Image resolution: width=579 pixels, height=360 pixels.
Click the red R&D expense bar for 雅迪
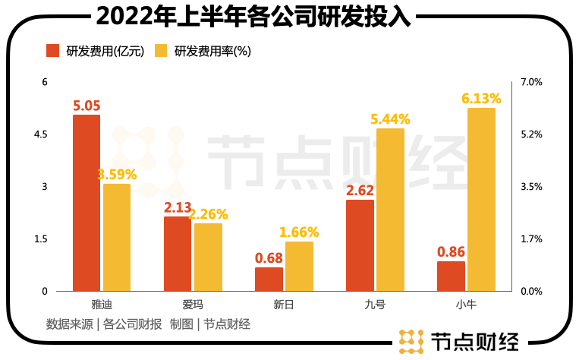coord(87,203)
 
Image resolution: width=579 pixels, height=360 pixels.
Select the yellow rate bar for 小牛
coord(481,199)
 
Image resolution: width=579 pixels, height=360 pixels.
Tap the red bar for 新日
coord(269,279)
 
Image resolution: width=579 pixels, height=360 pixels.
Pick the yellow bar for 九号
coord(390,210)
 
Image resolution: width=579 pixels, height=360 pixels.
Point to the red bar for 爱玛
coord(178,254)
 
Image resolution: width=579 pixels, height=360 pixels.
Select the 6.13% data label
coord(481,99)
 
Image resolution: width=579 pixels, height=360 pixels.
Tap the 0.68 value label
coord(269,258)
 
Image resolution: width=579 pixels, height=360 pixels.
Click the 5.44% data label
coord(390,119)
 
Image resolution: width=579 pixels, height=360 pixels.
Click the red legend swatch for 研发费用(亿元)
coord(53,52)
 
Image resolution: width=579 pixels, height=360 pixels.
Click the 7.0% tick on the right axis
coord(531,82)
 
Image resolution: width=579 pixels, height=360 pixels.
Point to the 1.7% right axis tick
coord(531,239)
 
